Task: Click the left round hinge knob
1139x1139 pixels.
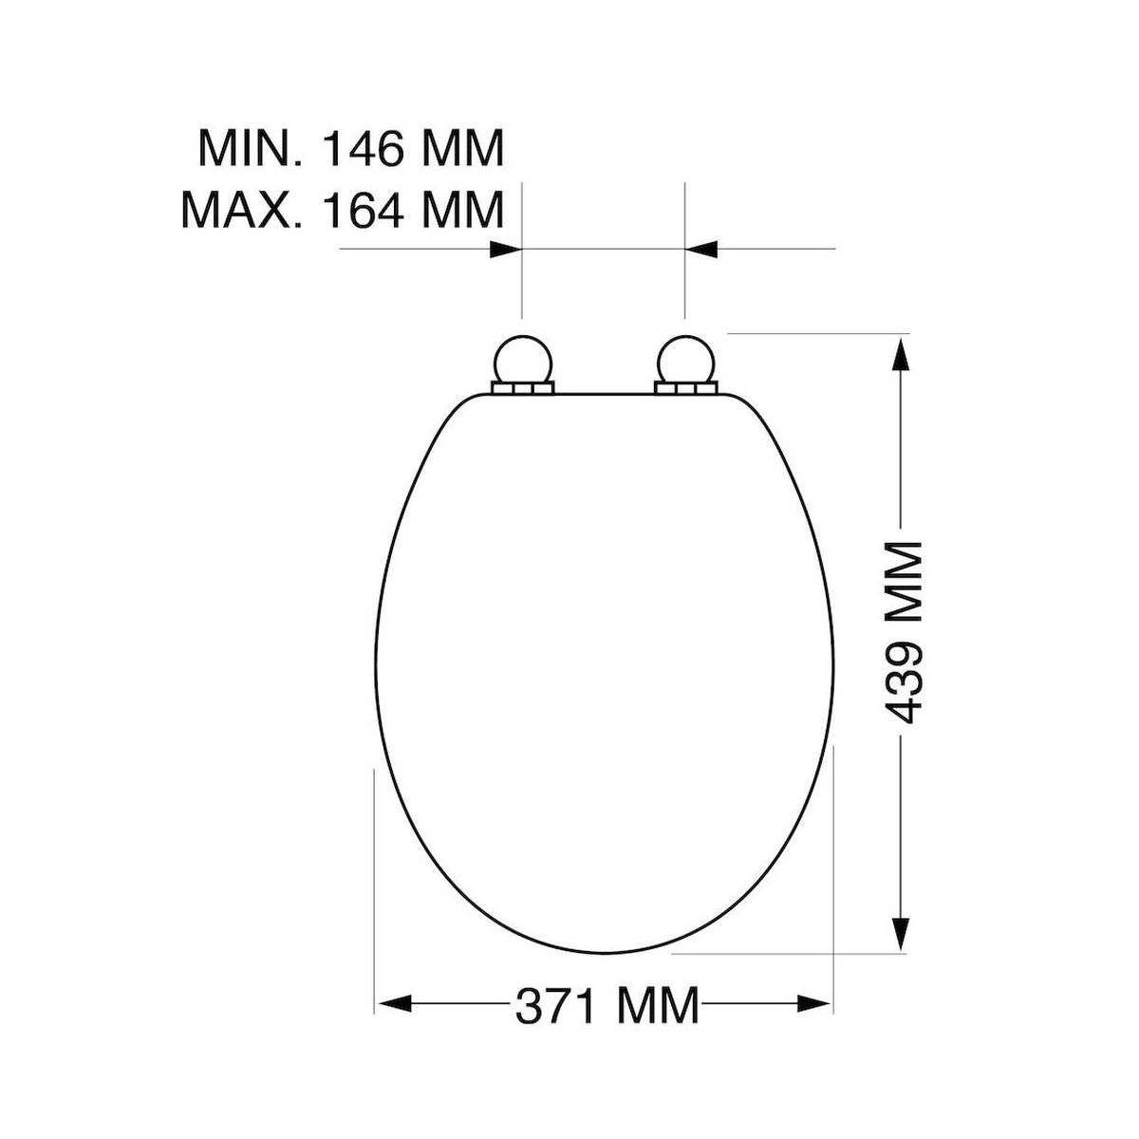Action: click(522, 361)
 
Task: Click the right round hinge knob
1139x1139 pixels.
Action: click(686, 361)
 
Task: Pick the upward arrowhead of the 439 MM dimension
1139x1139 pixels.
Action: click(900, 354)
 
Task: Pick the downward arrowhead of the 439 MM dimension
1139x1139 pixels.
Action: click(900, 933)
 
